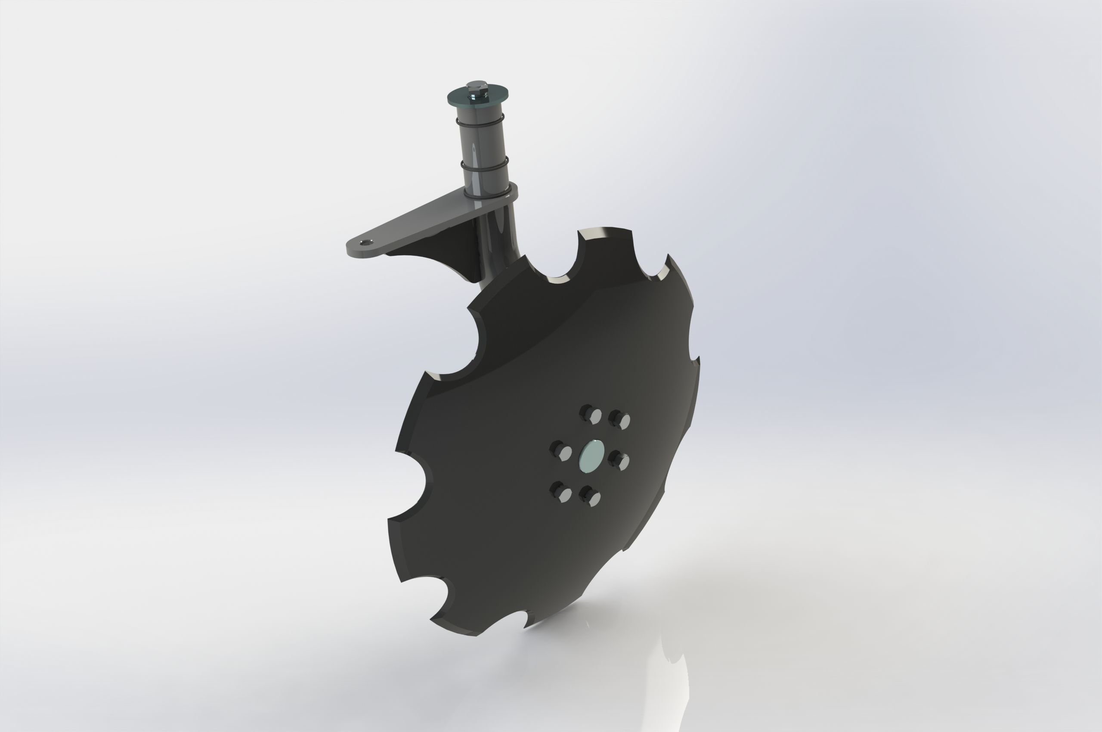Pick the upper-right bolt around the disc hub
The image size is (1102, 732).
coord(621,419)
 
